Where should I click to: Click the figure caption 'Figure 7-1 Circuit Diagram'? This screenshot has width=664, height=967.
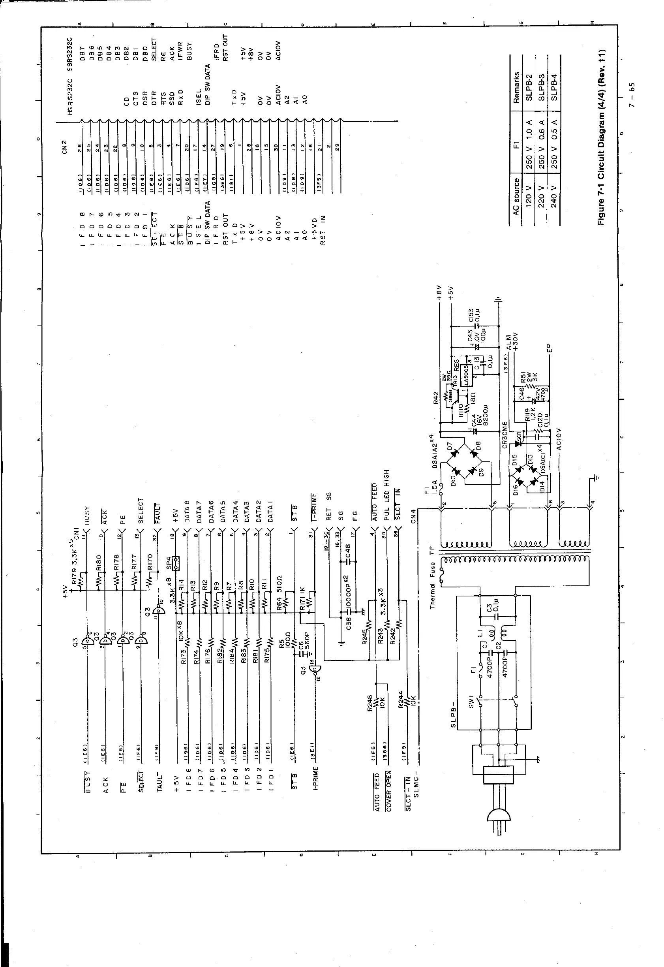602,138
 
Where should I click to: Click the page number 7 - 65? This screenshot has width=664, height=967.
632,95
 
